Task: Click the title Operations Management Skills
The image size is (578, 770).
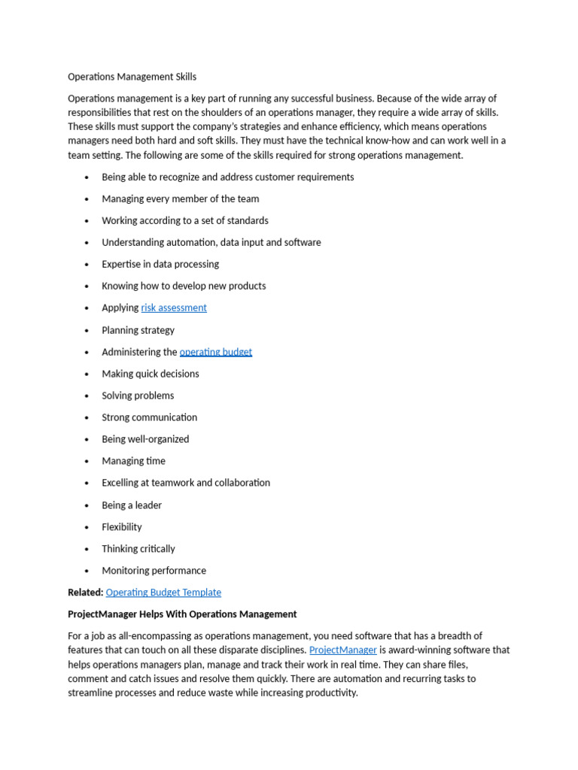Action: click(132, 77)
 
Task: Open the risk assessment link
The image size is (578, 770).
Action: click(174, 308)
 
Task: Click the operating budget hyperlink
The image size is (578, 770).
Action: click(216, 352)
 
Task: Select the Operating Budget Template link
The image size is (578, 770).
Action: click(163, 593)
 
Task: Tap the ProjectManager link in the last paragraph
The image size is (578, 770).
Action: click(343, 650)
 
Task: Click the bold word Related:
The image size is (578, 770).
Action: click(85, 593)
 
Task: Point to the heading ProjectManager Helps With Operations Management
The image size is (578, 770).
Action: click(182, 614)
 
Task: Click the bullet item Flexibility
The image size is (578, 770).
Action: click(122, 527)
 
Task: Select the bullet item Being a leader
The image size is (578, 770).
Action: click(132, 505)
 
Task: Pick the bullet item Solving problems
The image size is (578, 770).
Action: click(138, 396)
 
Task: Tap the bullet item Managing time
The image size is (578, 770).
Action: click(133, 461)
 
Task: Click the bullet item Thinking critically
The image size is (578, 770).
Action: click(138, 549)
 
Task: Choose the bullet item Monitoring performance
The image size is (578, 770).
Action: click(154, 571)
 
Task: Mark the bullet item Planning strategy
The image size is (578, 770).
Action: click(138, 330)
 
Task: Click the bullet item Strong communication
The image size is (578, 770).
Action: click(149, 417)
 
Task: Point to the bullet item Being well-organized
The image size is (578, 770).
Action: click(145, 439)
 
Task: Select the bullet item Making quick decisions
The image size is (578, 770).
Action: click(151, 374)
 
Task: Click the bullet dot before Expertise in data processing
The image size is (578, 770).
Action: click(87, 265)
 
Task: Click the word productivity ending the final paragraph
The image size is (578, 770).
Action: click(330, 693)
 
